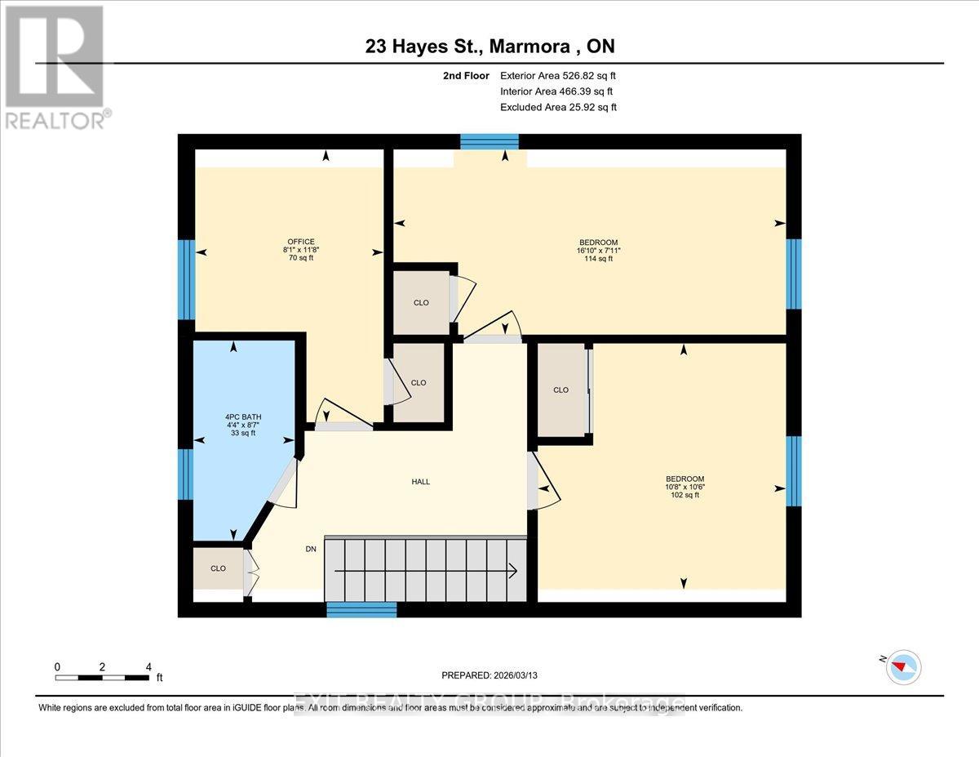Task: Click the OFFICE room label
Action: click(299, 241)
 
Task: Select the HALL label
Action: click(420, 482)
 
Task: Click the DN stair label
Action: click(310, 549)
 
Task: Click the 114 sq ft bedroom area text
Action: click(598, 259)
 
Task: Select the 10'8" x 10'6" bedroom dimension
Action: click(684, 487)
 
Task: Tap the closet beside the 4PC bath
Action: click(219, 568)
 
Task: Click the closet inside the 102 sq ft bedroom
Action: click(561, 390)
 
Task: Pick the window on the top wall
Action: click(489, 142)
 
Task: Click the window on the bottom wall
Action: click(361, 609)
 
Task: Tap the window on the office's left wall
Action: click(187, 279)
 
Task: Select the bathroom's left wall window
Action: click(187, 474)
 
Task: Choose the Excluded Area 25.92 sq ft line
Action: click(558, 107)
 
